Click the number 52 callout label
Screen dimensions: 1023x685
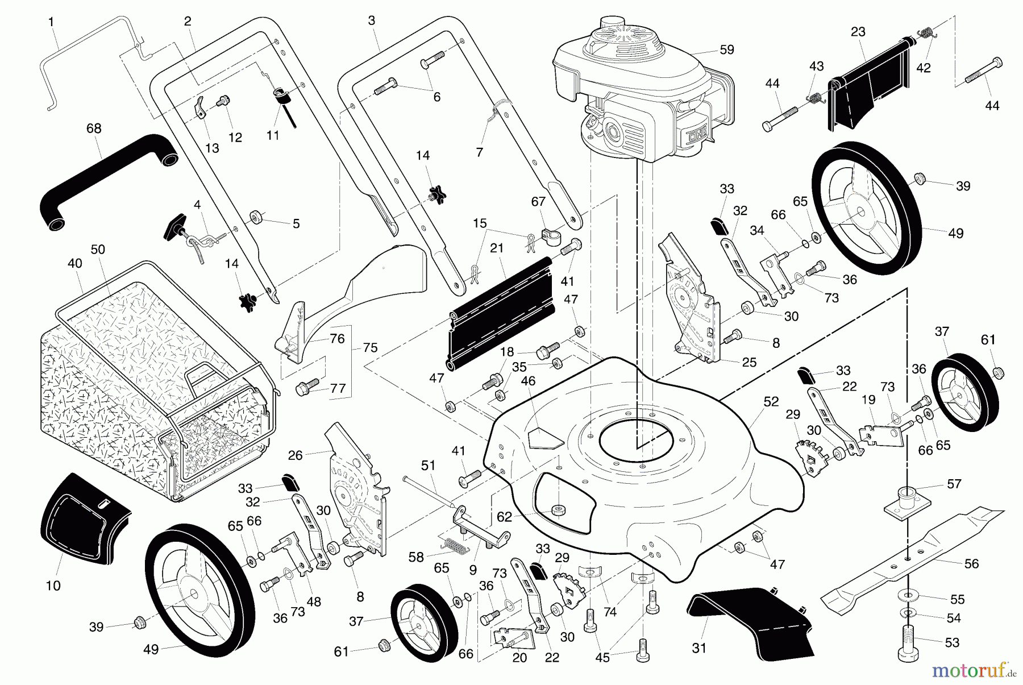point(771,401)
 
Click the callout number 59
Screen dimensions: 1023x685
point(726,50)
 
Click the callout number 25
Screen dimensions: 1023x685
point(749,362)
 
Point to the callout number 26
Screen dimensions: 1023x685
point(296,455)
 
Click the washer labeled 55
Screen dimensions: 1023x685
point(909,596)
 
